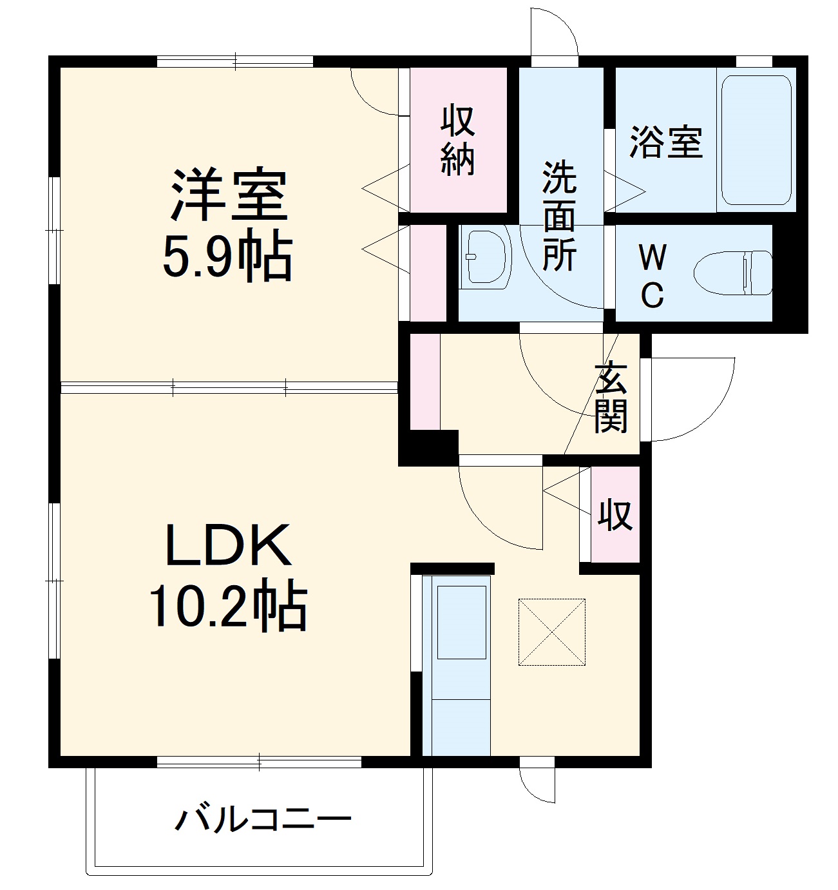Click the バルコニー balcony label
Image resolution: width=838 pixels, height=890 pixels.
(x=264, y=820)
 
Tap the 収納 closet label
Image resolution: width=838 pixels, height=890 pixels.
(x=458, y=140)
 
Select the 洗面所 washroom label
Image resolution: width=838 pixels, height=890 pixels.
(x=559, y=215)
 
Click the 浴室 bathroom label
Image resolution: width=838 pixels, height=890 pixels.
(x=665, y=141)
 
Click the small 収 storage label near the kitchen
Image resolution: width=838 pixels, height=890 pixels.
(x=615, y=514)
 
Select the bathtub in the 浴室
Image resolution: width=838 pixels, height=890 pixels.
(x=756, y=140)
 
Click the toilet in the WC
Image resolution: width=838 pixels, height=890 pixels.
(x=734, y=273)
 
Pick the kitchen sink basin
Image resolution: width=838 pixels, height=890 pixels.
(x=461, y=621)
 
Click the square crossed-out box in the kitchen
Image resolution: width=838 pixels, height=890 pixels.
(x=552, y=632)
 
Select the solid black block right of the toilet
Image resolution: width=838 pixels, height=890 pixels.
(x=790, y=277)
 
